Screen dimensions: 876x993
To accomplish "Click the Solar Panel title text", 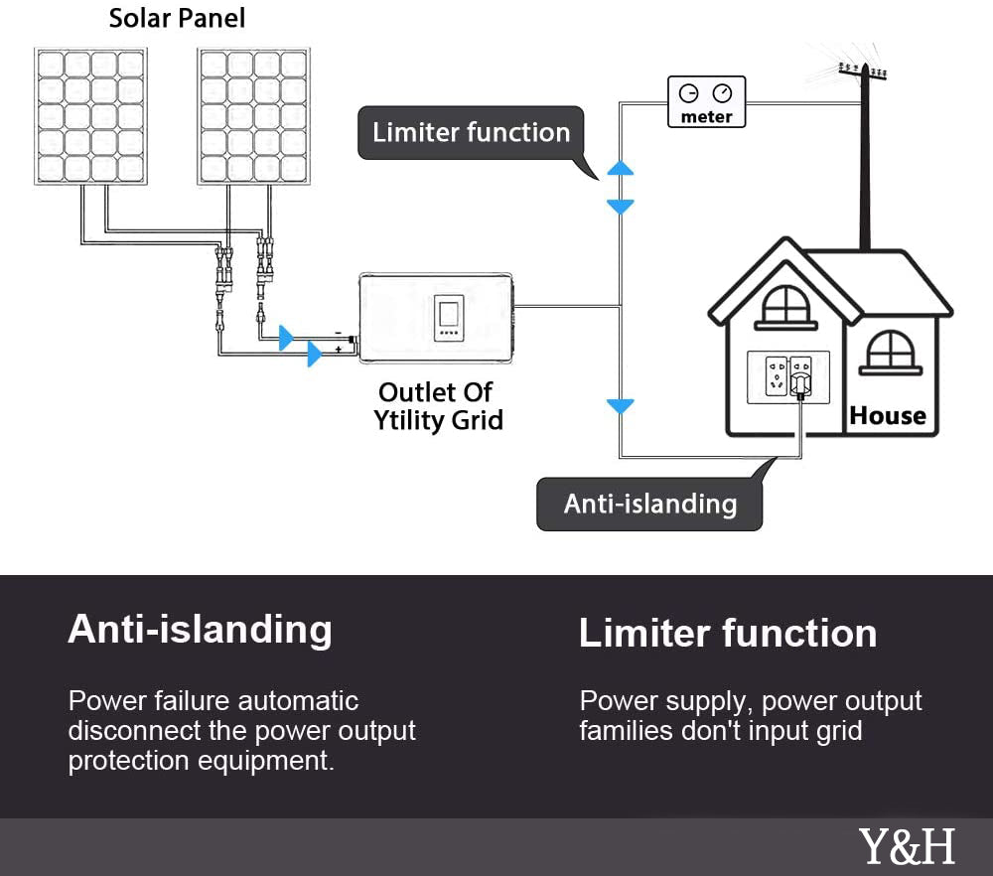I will [177, 18].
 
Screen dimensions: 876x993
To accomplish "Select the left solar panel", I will [89, 115].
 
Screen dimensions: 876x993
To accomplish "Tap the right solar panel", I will [252, 115].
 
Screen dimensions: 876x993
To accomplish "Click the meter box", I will [706, 103].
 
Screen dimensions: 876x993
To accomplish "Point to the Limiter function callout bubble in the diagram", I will [471, 133].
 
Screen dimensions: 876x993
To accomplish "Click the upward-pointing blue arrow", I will [620, 169].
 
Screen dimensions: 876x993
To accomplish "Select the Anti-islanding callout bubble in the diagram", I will [649, 505].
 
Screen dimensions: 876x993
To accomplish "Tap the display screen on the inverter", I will [449, 315].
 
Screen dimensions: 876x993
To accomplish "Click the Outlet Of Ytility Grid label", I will [437, 406].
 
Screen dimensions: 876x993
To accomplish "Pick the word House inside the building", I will [888, 416].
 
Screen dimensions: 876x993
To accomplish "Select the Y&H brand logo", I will [907, 847].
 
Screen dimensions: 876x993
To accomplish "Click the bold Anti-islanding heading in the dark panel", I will [200, 630].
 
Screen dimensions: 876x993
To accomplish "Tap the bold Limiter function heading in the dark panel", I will [728, 634].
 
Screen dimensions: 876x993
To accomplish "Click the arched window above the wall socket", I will [785, 305].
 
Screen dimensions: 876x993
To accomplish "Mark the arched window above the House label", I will [889, 353].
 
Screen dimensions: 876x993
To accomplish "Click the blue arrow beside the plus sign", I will [315, 354].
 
